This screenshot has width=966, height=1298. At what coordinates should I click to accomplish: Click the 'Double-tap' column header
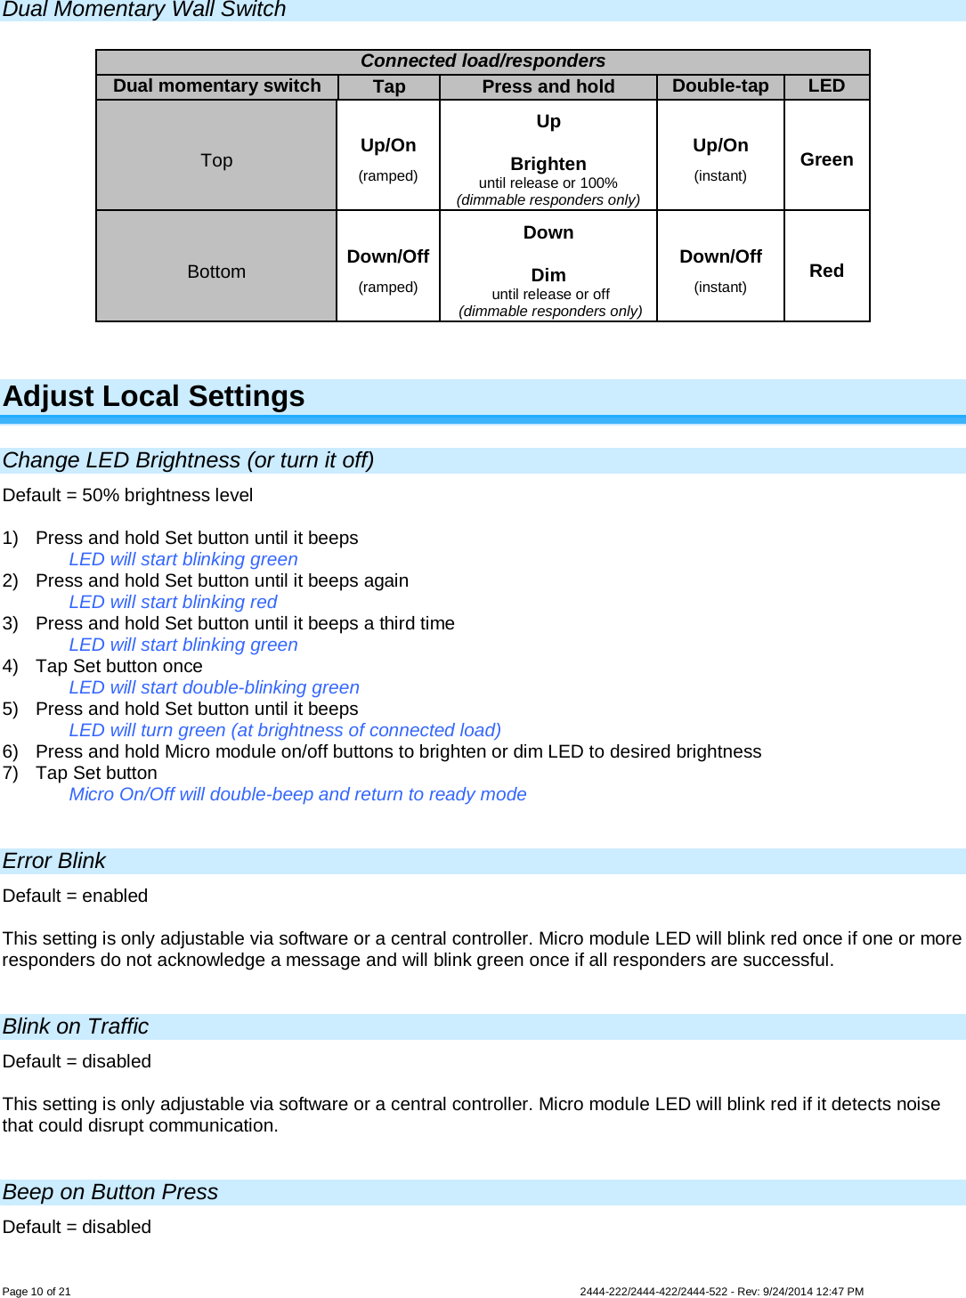click(720, 86)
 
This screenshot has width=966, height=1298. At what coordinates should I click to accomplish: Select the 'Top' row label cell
click(216, 160)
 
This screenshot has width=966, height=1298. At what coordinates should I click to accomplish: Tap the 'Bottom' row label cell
click(216, 272)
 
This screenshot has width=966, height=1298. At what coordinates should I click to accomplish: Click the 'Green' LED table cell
click(826, 159)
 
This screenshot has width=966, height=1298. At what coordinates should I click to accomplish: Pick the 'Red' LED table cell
click(826, 271)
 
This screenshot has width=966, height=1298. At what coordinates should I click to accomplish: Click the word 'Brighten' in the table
click(548, 164)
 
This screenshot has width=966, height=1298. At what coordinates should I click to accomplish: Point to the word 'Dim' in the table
click(548, 275)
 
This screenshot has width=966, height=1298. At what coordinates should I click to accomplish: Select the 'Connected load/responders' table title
click(483, 61)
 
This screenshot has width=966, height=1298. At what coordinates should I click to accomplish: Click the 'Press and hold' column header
click(548, 86)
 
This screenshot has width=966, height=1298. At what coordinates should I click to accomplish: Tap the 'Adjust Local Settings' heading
click(154, 396)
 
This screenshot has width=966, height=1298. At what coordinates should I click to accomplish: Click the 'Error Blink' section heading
click(54, 861)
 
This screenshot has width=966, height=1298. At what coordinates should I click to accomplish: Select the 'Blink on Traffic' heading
click(76, 1026)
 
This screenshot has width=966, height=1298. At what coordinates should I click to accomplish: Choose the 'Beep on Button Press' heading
click(110, 1192)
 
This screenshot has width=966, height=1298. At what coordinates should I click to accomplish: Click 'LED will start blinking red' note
click(173, 602)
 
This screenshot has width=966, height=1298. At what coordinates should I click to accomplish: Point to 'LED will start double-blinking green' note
click(214, 687)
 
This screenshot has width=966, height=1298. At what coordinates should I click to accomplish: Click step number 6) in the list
click(11, 751)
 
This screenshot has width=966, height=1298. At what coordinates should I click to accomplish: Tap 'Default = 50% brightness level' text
click(127, 495)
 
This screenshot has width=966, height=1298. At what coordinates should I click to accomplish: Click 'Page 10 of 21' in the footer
click(37, 1292)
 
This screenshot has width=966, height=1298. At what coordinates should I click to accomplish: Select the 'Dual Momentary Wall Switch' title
click(144, 10)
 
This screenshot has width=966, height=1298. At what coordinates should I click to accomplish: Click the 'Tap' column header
click(389, 86)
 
